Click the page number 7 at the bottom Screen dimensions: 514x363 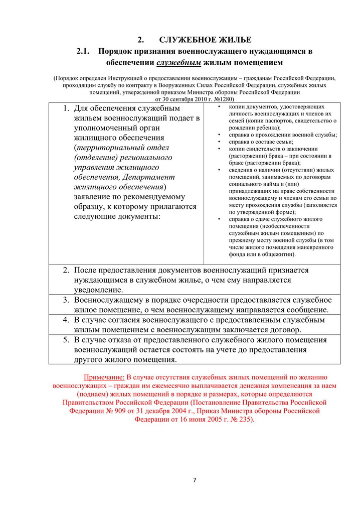(195, 480)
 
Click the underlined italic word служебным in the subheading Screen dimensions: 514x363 (179, 63)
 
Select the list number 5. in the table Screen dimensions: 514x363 (66, 340)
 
